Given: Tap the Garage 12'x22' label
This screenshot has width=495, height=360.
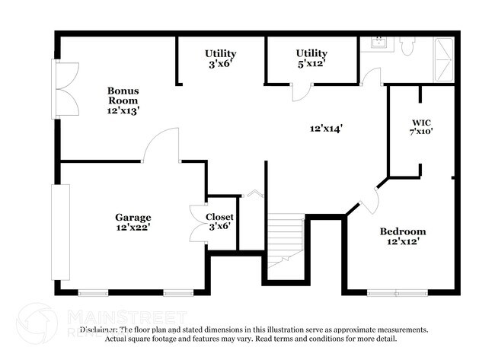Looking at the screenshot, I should coord(133,221).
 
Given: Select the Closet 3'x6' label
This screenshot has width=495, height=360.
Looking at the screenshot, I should coord(220,221).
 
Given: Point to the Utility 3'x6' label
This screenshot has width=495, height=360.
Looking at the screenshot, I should coord(220,59).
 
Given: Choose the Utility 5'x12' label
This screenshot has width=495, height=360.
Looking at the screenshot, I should coord(311,58).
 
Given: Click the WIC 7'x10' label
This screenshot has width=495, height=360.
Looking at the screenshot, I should coord(421,126).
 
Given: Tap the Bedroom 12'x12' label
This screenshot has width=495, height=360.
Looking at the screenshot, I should coord(403,236).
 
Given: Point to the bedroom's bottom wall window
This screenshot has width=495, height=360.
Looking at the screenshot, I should coord(397,292).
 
